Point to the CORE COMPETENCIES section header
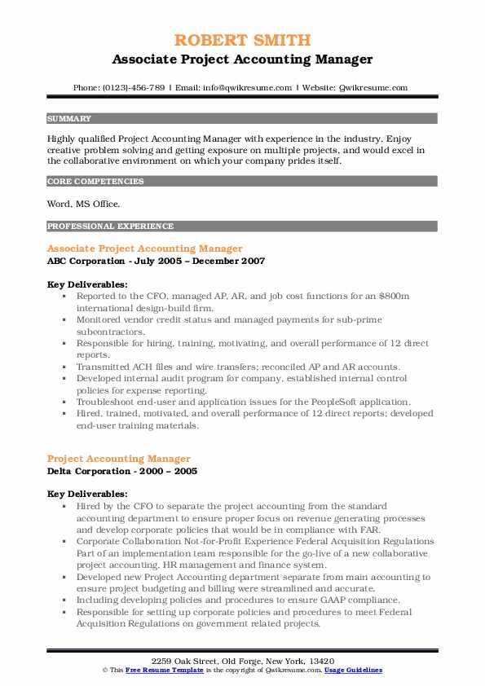(x=95, y=182)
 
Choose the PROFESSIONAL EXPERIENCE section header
(x=110, y=226)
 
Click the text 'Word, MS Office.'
(x=83, y=204)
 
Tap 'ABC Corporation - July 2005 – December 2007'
(x=156, y=262)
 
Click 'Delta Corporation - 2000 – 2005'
(x=121, y=471)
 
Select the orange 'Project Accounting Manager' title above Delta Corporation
(x=119, y=459)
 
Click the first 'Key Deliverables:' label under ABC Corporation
(x=87, y=285)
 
